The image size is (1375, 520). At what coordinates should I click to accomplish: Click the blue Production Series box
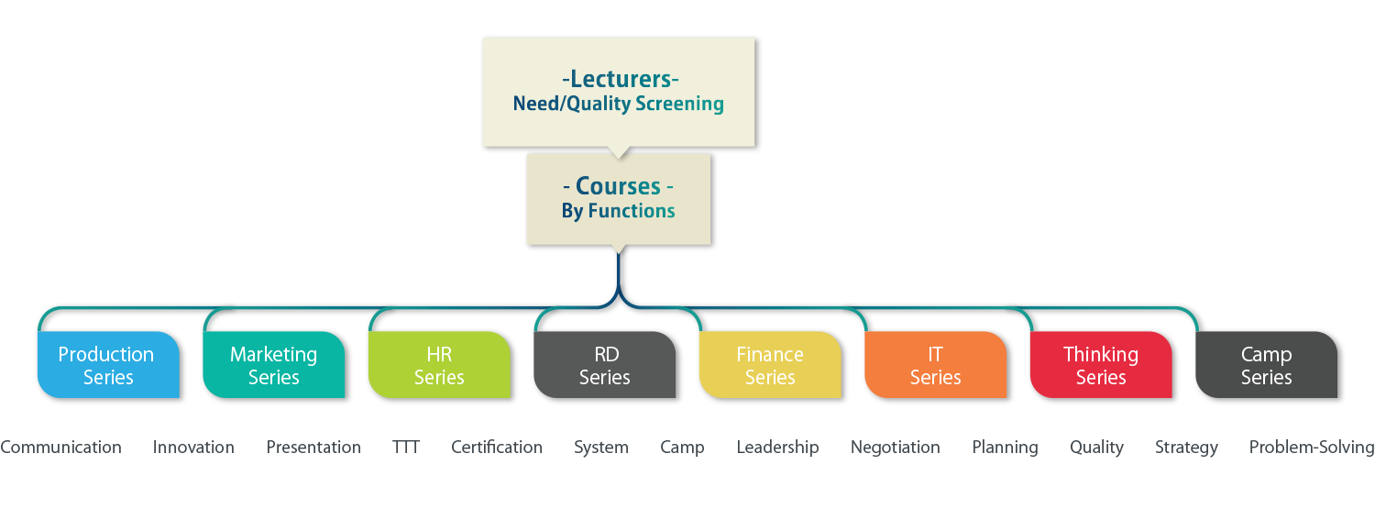[106, 365]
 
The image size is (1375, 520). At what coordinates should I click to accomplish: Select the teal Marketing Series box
[273, 365]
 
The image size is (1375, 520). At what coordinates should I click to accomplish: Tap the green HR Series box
[439, 365]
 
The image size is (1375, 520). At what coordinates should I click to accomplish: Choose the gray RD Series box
[605, 365]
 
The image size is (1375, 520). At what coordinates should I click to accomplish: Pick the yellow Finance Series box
[770, 365]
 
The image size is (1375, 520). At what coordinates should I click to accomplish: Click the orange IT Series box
[935, 365]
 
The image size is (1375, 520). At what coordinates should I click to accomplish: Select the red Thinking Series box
[1101, 365]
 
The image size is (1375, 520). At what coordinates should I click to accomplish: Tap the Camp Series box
[1266, 365]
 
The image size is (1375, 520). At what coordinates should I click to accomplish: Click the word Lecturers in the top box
[620, 80]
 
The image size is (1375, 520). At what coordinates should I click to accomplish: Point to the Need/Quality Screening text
[619, 104]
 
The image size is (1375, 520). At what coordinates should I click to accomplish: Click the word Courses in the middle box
[618, 186]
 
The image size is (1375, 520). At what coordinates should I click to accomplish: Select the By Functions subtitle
[618, 211]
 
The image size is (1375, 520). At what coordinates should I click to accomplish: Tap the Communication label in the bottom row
[60, 448]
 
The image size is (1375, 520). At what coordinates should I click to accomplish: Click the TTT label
[406, 448]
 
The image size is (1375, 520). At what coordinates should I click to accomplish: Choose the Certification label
[497, 448]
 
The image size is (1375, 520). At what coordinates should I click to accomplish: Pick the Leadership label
[777, 448]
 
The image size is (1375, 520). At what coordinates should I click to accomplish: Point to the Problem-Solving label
[1311, 448]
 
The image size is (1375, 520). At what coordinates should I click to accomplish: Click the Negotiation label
[895, 448]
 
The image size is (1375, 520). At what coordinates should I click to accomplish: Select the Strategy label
[1186, 448]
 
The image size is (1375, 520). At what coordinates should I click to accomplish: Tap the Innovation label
[193, 448]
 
